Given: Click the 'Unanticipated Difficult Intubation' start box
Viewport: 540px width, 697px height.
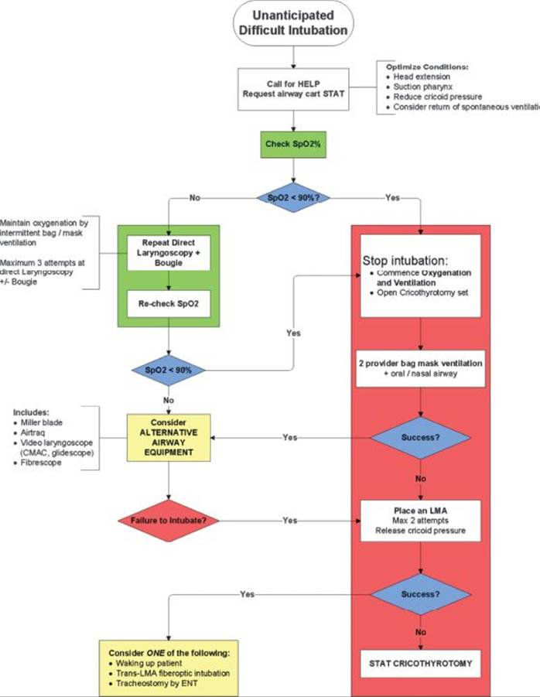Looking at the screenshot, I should (x=293, y=23).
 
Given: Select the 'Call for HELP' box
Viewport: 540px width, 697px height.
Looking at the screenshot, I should (x=293, y=88).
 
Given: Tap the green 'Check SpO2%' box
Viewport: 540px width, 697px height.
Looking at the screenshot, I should (x=293, y=143).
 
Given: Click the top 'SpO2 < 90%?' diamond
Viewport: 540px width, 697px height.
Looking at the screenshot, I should (x=293, y=198).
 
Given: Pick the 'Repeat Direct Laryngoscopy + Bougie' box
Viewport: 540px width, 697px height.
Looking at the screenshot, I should (x=169, y=252).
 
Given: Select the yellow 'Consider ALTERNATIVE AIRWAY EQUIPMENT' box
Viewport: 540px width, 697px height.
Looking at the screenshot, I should (x=169, y=437).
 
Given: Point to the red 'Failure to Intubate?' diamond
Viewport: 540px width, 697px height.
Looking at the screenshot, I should (x=168, y=521).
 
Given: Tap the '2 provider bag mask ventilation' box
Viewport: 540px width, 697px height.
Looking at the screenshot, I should (x=420, y=368).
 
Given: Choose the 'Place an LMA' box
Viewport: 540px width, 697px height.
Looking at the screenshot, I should (x=420, y=521).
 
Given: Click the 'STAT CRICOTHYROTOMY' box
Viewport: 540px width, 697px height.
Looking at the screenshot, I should (x=420, y=662).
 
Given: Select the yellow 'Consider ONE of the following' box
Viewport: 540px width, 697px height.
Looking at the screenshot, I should (x=169, y=662).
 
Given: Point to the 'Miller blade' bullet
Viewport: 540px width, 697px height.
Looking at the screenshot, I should (x=43, y=423).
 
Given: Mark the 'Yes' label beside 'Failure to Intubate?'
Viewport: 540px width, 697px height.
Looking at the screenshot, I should (x=289, y=521).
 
